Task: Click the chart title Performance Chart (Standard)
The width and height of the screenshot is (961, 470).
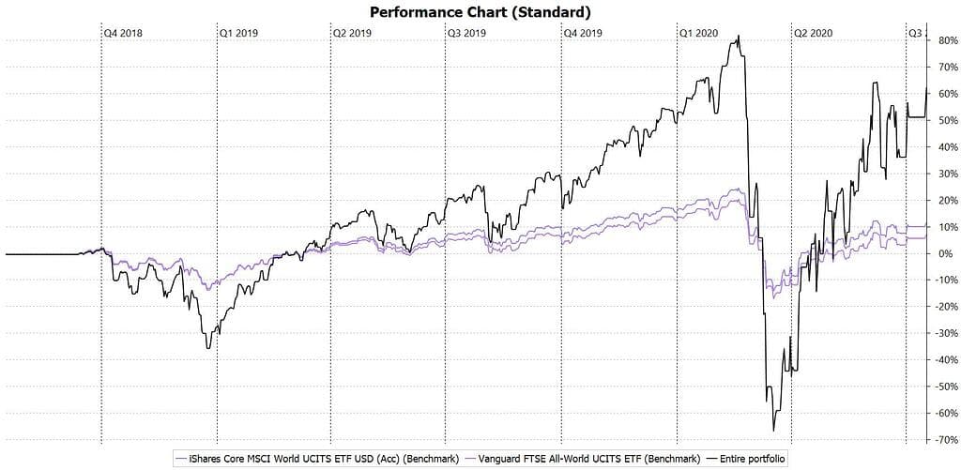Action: point(480,12)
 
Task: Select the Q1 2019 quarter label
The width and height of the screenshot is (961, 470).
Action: point(238,32)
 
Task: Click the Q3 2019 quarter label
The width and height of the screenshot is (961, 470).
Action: point(466,32)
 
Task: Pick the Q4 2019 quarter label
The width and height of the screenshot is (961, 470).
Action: point(583,32)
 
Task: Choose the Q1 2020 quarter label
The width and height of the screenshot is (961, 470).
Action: point(698,32)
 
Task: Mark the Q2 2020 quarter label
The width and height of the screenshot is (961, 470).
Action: point(813,32)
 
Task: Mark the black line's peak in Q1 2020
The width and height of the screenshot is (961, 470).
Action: point(739,37)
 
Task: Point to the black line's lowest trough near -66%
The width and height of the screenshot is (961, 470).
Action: point(774,431)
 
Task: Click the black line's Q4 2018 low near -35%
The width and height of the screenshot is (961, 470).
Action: point(208,348)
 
